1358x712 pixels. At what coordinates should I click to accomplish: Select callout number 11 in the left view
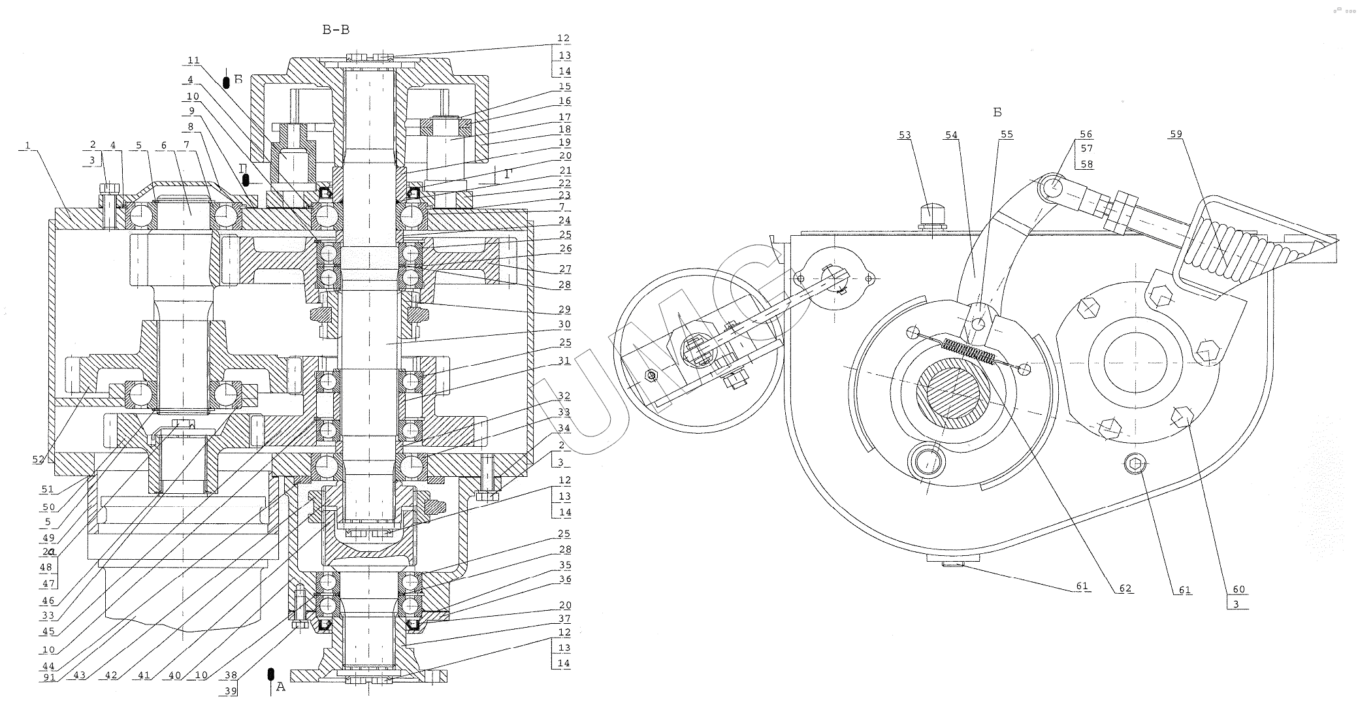(193, 60)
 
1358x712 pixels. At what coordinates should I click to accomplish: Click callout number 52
(38, 459)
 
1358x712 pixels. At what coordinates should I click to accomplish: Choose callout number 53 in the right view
(905, 135)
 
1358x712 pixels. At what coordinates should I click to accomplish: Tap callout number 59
(1176, 135)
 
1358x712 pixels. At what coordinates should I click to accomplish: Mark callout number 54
(950, 135)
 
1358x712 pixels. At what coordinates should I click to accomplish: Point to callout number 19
(564, 142)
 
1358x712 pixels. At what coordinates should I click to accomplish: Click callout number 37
(564, 619)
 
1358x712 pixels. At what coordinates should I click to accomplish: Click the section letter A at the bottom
(281, 687)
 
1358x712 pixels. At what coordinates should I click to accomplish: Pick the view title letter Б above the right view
(997, 112)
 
